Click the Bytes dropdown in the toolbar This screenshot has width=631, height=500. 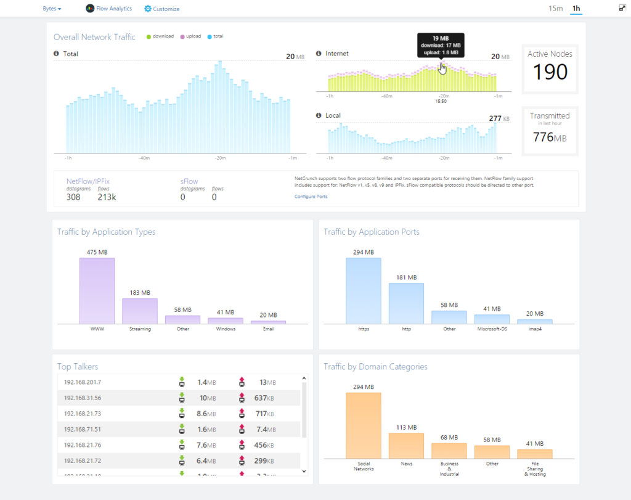click(x=52, y=9)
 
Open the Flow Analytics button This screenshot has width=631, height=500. click(x=109, y=9)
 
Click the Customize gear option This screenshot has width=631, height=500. click(x=162, y=9)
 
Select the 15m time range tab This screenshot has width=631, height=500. click(x=556, y=8)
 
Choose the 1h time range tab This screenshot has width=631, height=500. click(x=576, y=8)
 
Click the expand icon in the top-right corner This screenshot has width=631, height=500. click(x=622, y=8)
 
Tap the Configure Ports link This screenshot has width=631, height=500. click(x=311, y=197)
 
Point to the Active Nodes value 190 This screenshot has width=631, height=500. click(x=550, y=72)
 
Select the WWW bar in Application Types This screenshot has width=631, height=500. click(x=97, y=290)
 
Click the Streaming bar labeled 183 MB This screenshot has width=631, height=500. click(x=140, y=311)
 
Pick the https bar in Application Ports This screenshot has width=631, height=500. click(x=363, y=290)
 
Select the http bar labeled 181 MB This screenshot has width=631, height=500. click(x=406, y=303)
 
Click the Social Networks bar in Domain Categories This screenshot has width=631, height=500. click(x=363, y=425)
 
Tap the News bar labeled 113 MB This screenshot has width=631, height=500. click(x=406, y=445)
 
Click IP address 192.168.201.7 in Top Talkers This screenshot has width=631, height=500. click(x=83, y=382)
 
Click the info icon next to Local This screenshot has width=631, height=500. click(x=319, y=115)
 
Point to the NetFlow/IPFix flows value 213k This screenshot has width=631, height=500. click(x=107, y=197)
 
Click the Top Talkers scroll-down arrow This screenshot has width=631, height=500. click(x=303, y=471)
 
